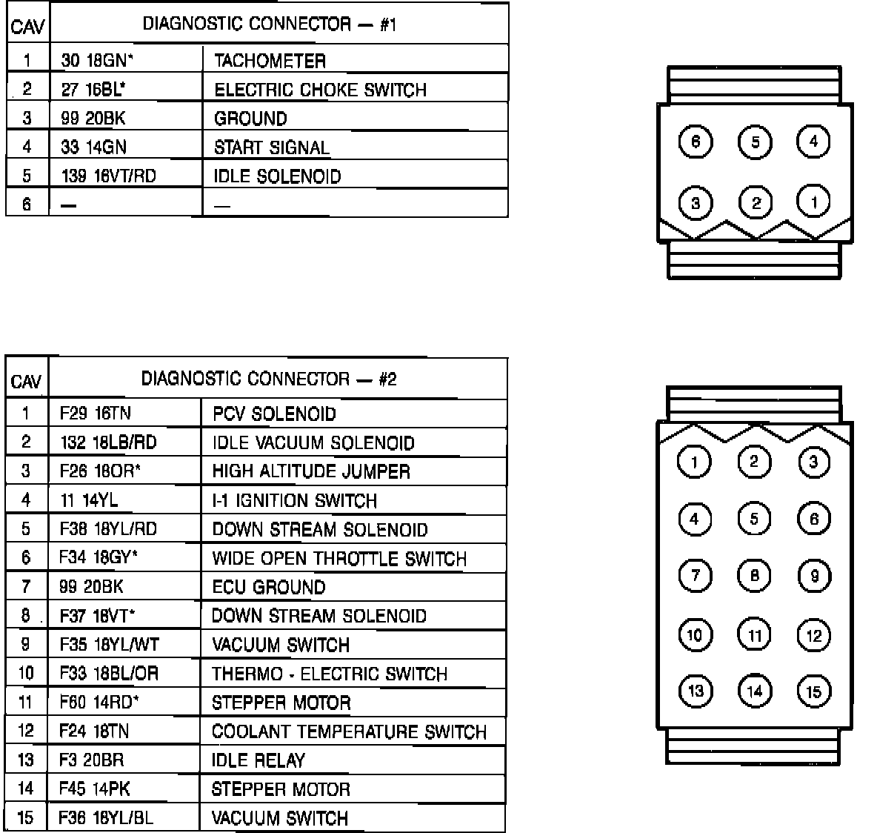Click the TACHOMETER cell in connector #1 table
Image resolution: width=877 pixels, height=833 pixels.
[270, 61]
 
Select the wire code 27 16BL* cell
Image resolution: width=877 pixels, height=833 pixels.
[93, 90]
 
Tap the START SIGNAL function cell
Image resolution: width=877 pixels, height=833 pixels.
[271, 147]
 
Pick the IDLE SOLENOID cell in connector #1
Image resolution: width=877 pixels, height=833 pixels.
[277, 176]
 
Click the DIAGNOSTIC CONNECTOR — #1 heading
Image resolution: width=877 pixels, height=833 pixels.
[270, 24]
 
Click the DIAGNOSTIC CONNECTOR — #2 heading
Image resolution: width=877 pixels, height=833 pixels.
[269, 379]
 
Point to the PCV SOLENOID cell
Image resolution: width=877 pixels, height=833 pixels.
[274, 414]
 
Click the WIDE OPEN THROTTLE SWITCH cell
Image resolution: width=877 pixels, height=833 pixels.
[339, 558]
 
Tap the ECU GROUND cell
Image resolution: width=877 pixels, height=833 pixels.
[268, 587]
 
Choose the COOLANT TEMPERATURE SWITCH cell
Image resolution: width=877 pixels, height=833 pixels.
[349, 731]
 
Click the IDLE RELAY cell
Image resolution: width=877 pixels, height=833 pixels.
[258, 760]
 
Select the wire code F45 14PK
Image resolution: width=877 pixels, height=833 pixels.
[95, 789]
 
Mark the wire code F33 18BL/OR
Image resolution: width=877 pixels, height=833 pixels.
[109, 674]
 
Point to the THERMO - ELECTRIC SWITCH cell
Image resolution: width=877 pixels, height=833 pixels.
[330, 674]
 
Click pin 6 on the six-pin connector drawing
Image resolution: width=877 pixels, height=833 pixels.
[695, 142]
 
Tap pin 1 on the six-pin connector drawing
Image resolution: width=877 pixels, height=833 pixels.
[813, 202]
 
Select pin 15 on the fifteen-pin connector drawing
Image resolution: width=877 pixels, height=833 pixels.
[813, 692]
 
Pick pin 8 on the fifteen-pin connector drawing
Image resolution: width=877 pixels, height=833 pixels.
[754, 575]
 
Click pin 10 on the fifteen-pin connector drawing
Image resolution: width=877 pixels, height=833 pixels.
[695, 634]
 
